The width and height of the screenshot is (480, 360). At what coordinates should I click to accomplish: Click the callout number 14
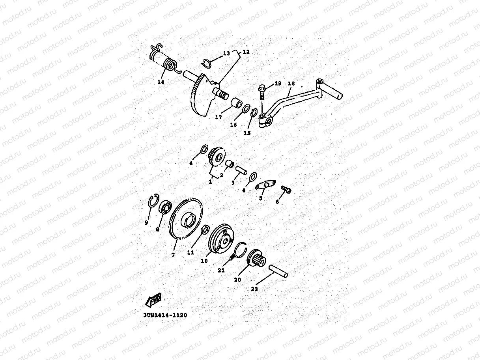pos(161,82)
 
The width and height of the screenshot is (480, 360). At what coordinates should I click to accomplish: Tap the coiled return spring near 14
pos(170,65)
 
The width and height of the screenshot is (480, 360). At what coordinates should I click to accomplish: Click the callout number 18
pos(291,84)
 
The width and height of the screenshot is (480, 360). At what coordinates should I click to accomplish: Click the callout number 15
pos(247,133)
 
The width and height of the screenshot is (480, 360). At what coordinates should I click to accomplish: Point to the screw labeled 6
pos(286,190)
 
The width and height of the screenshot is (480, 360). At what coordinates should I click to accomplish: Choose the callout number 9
pos(146,222)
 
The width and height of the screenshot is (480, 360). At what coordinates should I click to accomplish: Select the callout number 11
pos(191,253)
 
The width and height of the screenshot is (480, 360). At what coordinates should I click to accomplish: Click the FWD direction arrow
pos(153,300)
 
